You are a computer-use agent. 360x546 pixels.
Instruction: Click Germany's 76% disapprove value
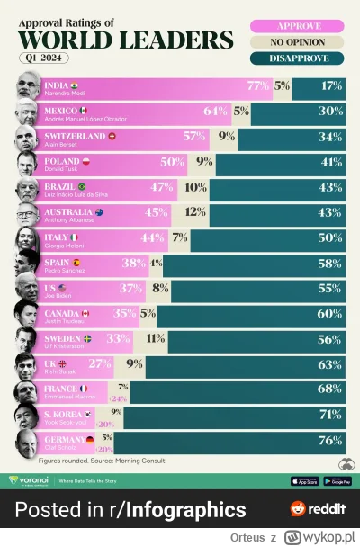[330, 440]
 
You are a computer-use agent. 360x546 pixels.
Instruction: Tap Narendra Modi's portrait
[28, 87]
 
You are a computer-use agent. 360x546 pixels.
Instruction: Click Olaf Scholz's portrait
[28, 442]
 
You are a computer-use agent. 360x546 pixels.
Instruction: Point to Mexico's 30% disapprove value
[330, 111]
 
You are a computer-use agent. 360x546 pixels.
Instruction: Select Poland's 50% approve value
[173, 161]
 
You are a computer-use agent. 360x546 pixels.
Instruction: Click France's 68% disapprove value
[330, 389]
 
